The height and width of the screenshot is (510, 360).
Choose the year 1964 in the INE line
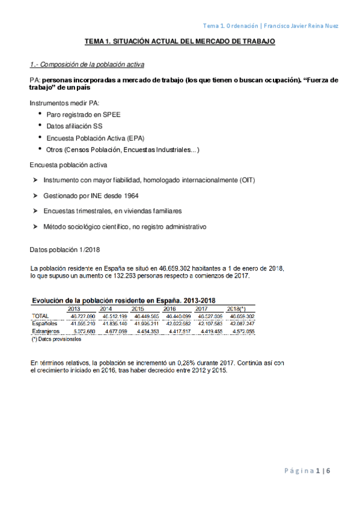145,196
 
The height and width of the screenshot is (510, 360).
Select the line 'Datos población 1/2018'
64,250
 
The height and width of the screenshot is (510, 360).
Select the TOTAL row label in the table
39,316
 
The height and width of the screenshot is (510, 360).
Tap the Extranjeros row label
45,331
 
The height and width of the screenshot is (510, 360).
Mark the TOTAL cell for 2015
147,316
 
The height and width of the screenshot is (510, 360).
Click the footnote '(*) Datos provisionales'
56,339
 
